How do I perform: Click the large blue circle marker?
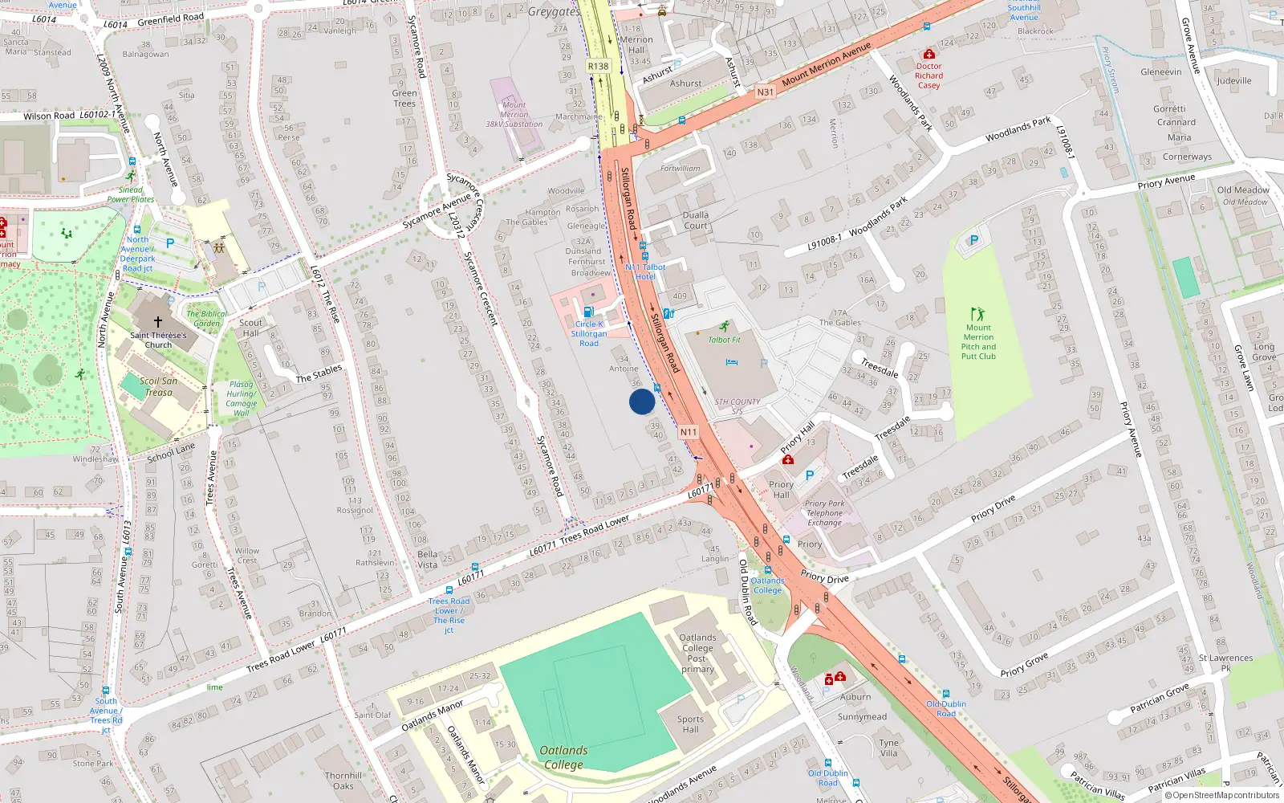642,401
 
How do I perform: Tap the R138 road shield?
598,67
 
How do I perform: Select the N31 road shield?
765,92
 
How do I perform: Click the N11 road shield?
688,432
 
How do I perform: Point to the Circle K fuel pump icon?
588,312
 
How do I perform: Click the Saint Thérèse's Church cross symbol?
158,321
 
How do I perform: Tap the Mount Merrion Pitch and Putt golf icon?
977,314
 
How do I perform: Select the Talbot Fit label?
724,340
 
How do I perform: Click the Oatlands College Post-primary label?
697,653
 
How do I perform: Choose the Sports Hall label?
690,724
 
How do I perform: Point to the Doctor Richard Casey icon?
928,55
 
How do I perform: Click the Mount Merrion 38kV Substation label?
514,115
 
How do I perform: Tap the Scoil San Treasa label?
158,386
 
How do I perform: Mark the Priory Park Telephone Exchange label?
825,513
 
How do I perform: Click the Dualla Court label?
695,220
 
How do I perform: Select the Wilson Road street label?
49,116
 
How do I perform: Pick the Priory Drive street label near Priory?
824,577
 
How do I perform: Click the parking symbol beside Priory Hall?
810,475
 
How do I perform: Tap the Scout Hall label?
250,328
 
